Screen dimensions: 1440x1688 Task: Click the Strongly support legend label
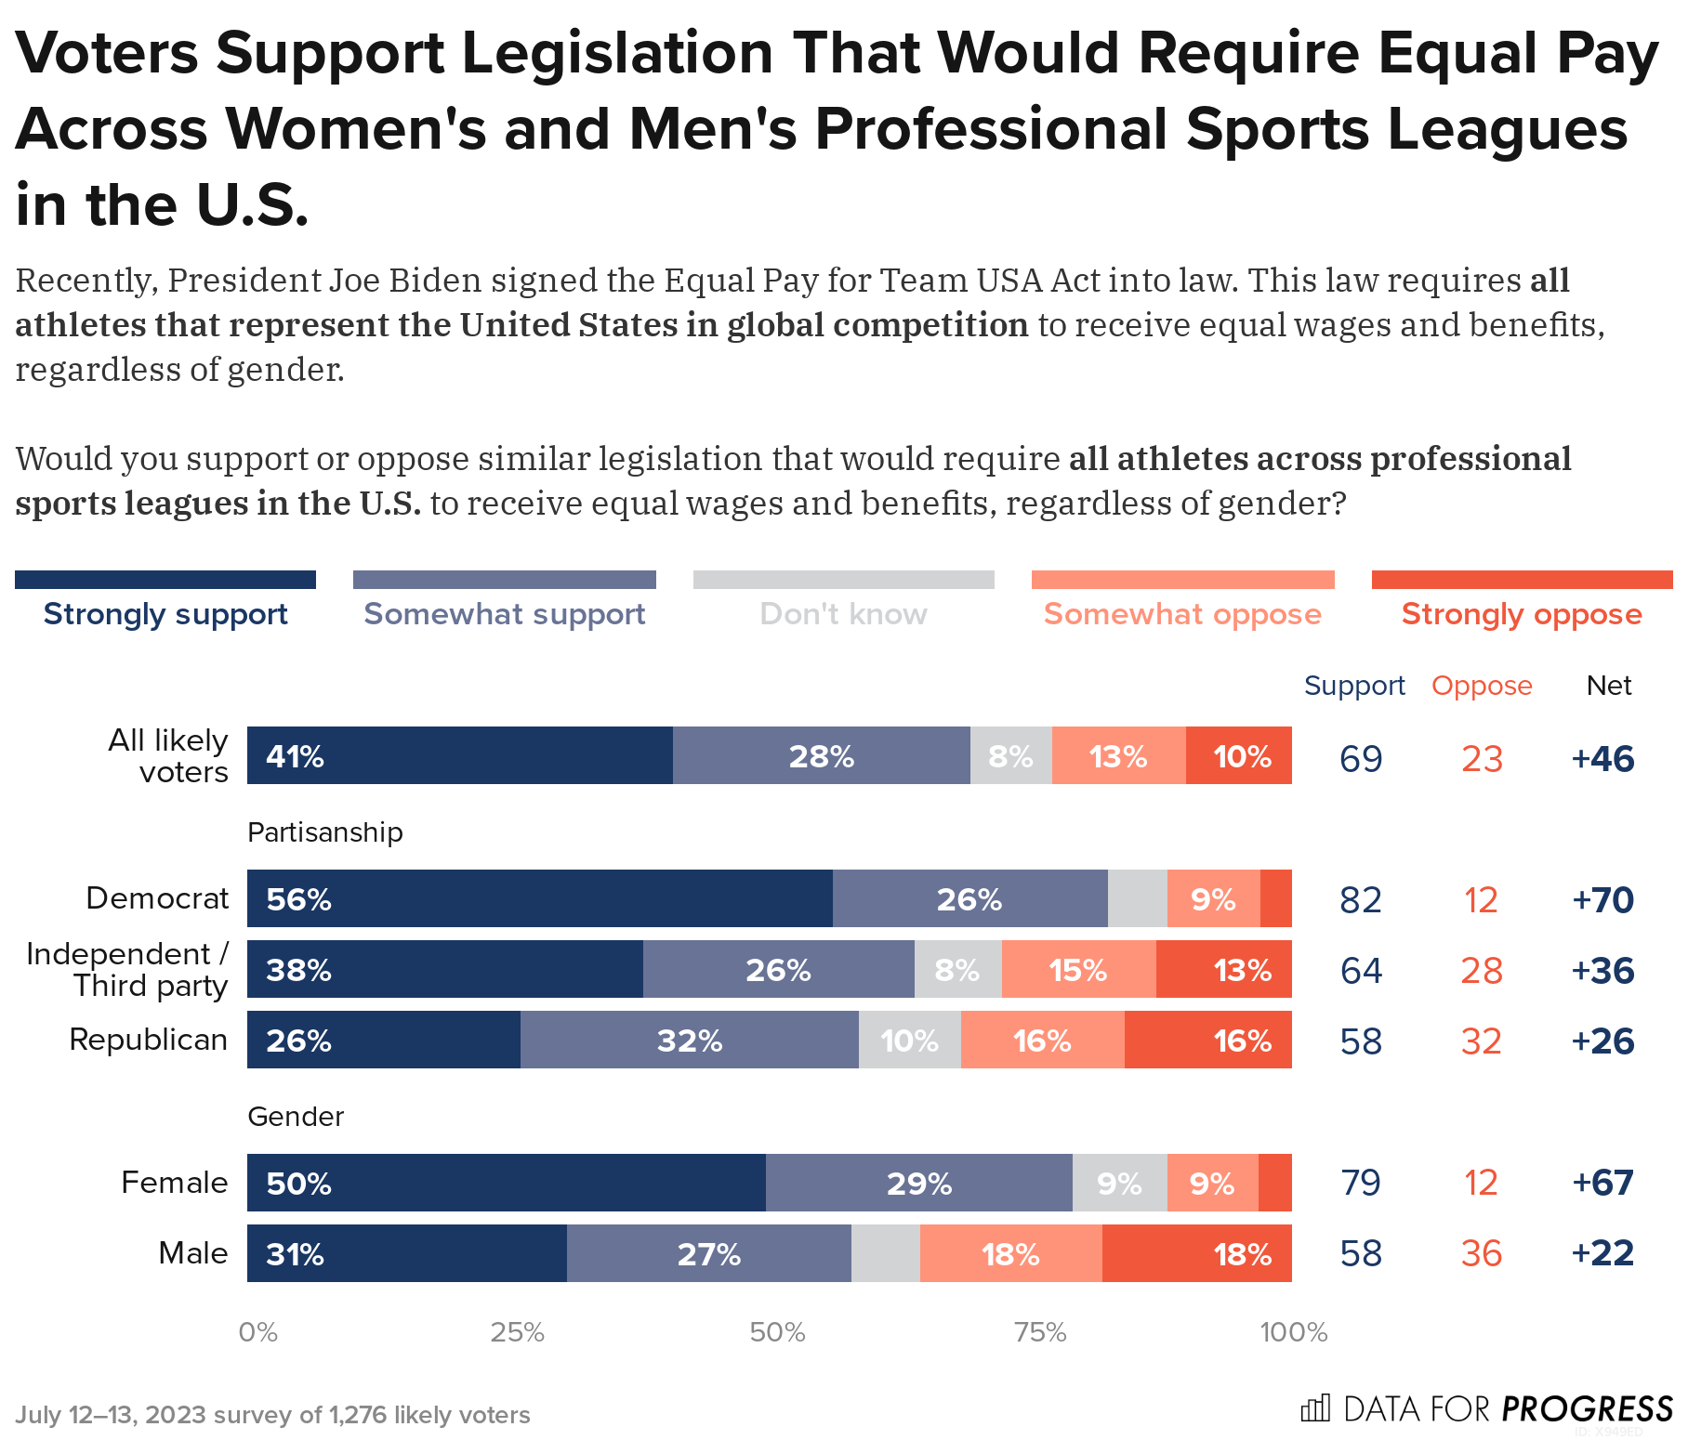[165, 614]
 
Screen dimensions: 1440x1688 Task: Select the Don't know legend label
[843, 614]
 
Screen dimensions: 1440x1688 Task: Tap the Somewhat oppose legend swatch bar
[1182, 580]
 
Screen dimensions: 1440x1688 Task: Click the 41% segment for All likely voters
[459, 756]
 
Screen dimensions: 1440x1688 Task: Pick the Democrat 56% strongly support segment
[539, 899]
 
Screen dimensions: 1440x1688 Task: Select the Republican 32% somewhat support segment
[689, 1041]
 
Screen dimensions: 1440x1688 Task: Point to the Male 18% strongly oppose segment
[1197, 1254]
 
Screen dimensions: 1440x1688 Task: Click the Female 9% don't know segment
[1119, 1184]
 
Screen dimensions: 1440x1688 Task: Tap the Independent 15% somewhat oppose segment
[1078, 970]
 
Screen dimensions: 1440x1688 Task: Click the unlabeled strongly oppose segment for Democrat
[1275, 899]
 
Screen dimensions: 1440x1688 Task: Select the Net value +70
[1602, 899]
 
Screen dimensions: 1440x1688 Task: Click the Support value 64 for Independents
[1361, 971]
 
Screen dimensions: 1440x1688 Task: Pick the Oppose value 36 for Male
[1481, 1253]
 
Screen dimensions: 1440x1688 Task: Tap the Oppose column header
[1481, 686]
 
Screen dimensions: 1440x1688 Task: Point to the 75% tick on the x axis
[1040, 1333]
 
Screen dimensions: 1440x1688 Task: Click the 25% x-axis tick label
[517, 1333]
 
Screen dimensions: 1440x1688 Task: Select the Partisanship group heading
[324, 832]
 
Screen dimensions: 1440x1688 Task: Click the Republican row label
[149, 1040]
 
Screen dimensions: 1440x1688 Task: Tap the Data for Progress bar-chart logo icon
[1315, 1408]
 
